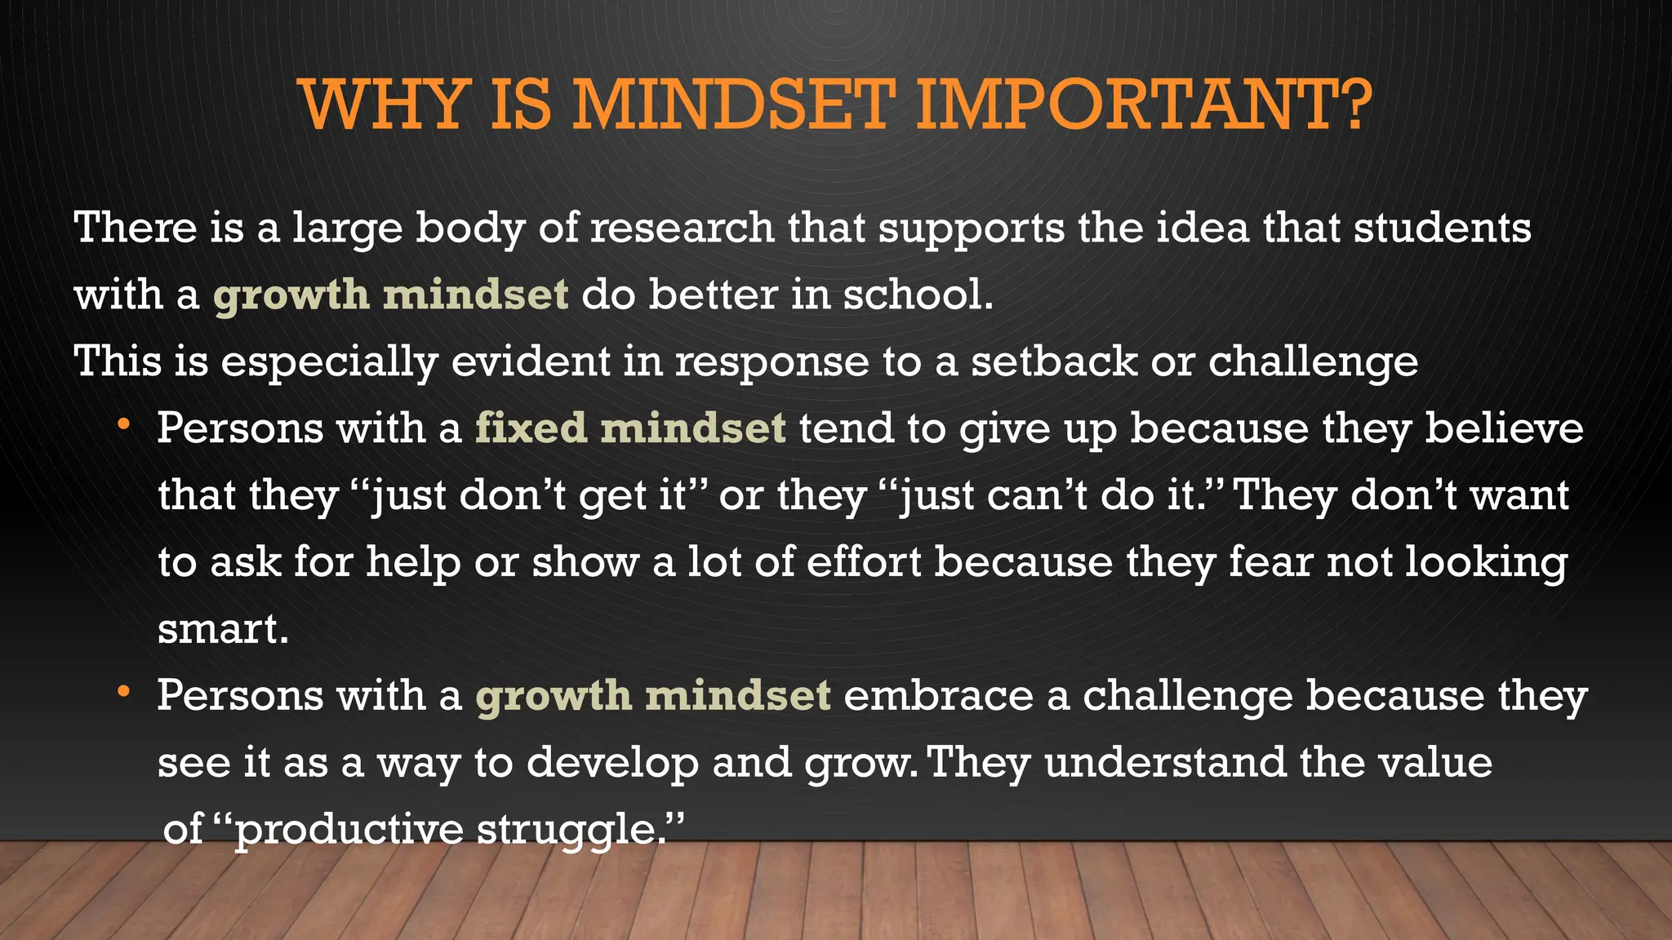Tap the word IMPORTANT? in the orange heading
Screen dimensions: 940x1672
[x=1143, y=105]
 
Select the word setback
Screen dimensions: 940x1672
[x=1054, y=361]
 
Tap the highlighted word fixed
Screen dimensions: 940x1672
[x=531, y=428]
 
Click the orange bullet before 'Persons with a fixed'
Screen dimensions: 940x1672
[x=123, y=424]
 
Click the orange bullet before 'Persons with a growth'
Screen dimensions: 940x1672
[x=123, y=692]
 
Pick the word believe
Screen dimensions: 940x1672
[x=1504, y=428]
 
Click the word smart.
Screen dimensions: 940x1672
[x=223, y=629]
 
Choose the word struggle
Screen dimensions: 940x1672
[x=570, y=830]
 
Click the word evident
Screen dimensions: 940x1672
[x=531, y=361]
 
